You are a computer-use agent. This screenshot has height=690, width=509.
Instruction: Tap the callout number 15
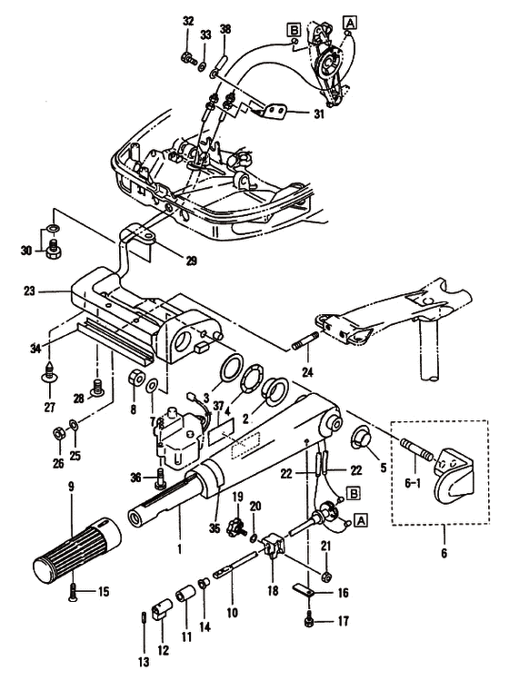pos(103,591)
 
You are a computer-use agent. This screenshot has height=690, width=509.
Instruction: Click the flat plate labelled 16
pos(304,589)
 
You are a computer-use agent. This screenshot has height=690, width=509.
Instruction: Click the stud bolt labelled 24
pos(304,340)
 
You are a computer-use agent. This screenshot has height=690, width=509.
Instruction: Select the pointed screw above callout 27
pos(49,370)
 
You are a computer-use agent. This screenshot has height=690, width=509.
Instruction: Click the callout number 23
pos(29,291)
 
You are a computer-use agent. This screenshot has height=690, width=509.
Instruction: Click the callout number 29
pos(191,261)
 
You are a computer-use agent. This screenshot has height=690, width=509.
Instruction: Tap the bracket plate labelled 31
pos(275,111)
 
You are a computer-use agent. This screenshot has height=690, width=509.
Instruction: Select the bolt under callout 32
pos(189,57)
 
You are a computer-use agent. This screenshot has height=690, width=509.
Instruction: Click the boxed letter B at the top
pos(293,29)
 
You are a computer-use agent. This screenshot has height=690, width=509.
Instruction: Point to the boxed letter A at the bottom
pos(361,520)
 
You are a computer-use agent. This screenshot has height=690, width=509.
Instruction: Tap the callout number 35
pos(215,528)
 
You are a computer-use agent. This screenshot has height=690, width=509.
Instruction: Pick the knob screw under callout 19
pos(237,526)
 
